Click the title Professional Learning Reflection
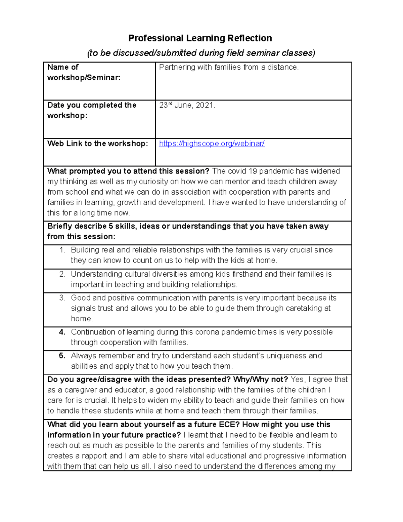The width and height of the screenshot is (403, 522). tap(200, 38)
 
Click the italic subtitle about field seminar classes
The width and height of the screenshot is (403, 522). tap(201, 53)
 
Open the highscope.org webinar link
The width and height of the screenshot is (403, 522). tap(212, 144)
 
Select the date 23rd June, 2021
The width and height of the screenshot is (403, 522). tap(187, 105)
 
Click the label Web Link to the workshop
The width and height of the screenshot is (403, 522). tap(97, 144)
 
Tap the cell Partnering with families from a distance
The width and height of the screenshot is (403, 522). tap(228, 67)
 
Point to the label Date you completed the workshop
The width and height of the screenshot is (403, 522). tap(92, 110)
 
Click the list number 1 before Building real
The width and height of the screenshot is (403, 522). tap(62, 250)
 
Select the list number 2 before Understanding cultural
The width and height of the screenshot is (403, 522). tap(62, 274)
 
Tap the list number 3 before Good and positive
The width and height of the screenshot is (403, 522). tap(62, 298)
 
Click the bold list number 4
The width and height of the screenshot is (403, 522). tap(62, 332)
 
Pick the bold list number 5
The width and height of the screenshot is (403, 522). tap(62, 356)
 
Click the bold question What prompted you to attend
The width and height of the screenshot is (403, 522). tap(128, 171)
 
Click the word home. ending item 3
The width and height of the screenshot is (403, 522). tap(82, 319)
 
